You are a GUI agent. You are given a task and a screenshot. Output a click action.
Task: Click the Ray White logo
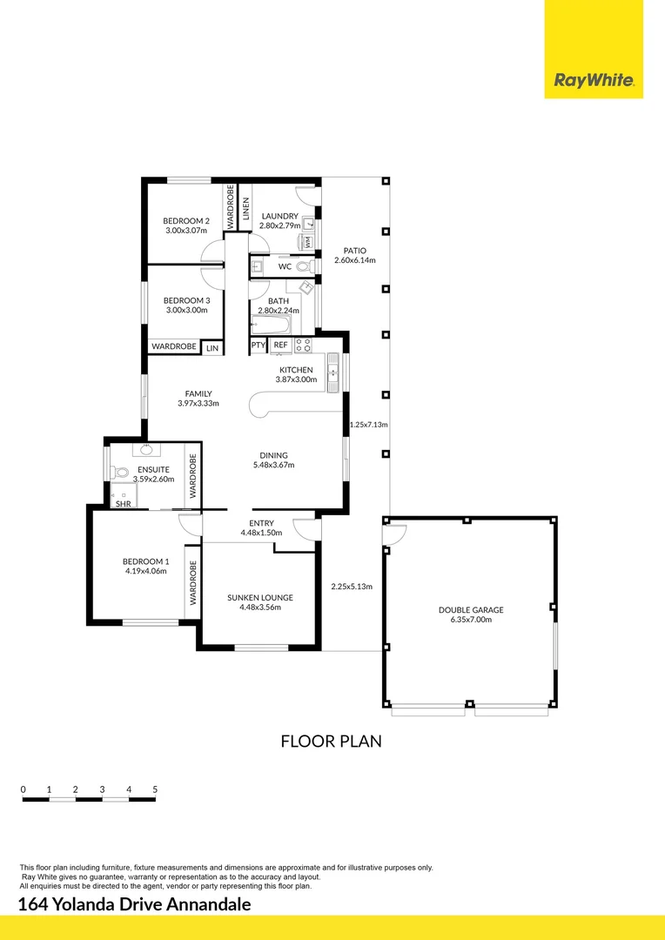point(594,82)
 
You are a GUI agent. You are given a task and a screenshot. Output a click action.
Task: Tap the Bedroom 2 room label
point(186,221)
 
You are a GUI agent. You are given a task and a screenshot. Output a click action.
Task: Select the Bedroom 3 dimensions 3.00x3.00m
point(186,309)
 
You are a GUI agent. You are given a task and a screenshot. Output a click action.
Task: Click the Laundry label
point(279,216)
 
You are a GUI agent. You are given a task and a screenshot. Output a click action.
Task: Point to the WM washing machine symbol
point(307,243)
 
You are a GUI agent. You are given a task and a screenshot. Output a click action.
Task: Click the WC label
point(285,266)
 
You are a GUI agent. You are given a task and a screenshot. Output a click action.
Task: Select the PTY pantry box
point(259,346)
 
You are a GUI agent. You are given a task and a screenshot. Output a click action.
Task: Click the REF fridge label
point(280,346)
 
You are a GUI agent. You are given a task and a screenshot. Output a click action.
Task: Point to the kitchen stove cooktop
point(303,345)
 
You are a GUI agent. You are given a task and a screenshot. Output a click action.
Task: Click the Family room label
point(198,393)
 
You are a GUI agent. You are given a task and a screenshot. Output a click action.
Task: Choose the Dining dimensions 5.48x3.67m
point(273,465)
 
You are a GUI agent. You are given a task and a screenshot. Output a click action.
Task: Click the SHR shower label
point(123,503)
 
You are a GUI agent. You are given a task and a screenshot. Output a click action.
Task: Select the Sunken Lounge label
point(259,597)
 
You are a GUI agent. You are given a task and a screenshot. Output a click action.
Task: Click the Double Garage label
point(470,610)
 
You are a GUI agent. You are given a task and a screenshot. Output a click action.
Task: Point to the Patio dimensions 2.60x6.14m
point(354,260)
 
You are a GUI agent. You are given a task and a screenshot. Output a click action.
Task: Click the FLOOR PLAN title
point(331,742)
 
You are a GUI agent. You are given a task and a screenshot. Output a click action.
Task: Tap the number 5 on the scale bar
point(155,789)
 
